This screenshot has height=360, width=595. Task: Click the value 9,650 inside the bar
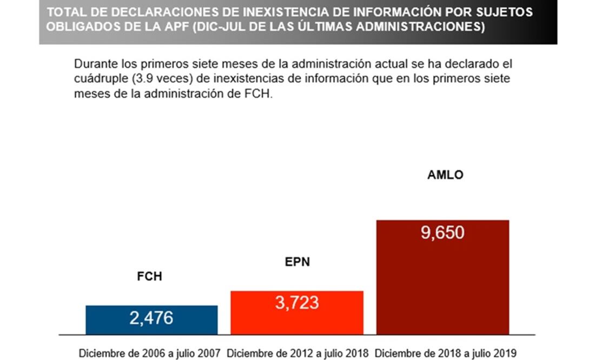[442, 233]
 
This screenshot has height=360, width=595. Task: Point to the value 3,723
[296, 303]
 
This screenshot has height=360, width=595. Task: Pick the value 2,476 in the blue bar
[151, 318]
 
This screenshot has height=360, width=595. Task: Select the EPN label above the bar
[297, 263]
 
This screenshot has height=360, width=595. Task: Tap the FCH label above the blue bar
[149, 277]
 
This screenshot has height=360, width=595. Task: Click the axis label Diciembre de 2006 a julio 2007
[150, 354]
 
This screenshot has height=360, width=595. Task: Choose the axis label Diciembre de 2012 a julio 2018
[297, 354]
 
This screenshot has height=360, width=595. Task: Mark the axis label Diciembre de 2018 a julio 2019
[446, 354]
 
